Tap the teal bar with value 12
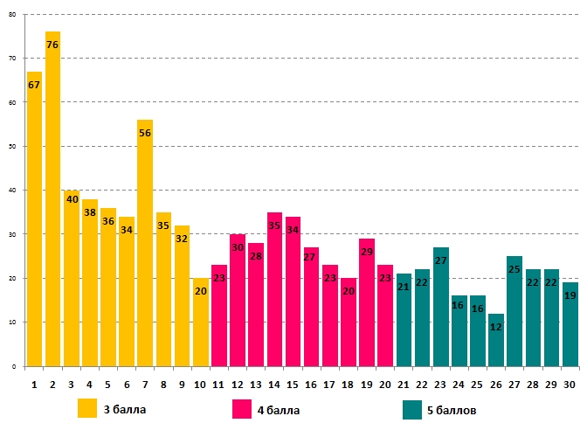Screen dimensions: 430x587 (496, 340)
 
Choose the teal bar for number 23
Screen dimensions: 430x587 (440, 307)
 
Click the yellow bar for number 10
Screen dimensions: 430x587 (201, 322)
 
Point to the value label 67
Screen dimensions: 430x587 (34, 85)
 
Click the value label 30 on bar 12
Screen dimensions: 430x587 (238, 248)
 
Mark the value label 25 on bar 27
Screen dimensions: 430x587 (514, 269)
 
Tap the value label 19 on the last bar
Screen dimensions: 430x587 (570, 295)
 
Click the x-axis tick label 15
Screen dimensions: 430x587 (293, 384)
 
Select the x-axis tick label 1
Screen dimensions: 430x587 (34, 384)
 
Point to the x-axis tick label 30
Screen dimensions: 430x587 (570, 384)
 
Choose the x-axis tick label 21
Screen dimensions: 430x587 (404, 384)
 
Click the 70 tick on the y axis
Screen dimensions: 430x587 (13, 58)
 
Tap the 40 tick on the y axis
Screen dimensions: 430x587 (13, 190)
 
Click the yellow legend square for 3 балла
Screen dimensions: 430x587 (87, 409)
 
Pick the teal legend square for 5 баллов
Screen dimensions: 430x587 (412, 409)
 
